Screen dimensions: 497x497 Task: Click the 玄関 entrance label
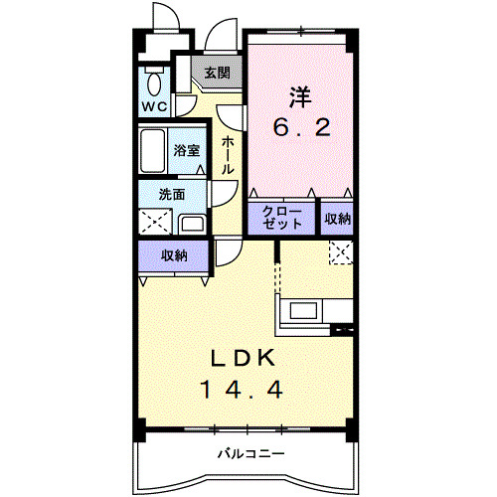click(x=217, y=73)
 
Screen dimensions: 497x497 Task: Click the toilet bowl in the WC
click(x=154, y=81)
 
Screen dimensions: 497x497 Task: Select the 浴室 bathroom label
click(x=186, y=151)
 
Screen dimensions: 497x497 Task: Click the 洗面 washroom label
click(x=170, y=195)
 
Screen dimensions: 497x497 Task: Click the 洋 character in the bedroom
click(x=300, y=97)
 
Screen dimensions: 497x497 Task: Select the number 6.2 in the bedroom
click(x=301, y=129)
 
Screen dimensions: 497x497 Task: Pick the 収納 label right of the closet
click(x=338, y=218)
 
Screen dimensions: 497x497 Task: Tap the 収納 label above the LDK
click(x=174, y=255)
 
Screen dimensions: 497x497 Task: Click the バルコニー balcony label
click(x=252, y=453)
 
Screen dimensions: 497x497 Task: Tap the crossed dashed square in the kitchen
click(x=340, y=252)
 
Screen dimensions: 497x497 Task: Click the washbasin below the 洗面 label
click(x=194, y=223)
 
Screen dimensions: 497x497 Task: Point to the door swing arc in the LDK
click(x=227, y=254)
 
